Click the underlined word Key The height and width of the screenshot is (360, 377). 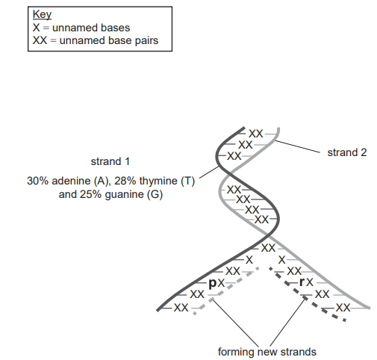(42, 15)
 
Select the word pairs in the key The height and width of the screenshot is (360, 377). (146, 41)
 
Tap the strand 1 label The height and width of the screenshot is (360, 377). (110, 161)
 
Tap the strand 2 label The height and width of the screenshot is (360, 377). (347, 152)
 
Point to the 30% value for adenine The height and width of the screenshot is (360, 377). (37, 181)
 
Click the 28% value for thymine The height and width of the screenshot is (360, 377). (125, 181)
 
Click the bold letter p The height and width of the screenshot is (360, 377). (213, 283)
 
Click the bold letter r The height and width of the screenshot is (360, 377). (302, 282)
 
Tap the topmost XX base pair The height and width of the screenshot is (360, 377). (255, 134)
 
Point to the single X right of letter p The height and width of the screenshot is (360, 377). (221, 283)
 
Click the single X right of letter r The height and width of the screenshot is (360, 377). (310, 282)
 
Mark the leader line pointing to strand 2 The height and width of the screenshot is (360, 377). (298, 146)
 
